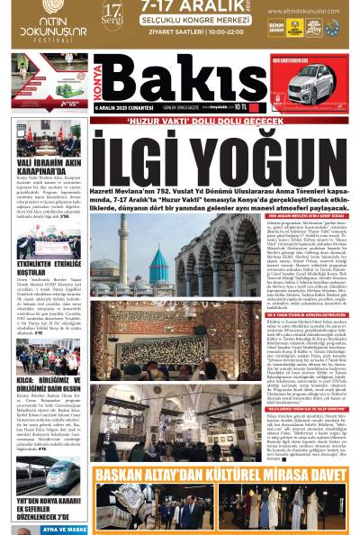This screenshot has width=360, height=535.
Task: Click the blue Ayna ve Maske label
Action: pos(62,530)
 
